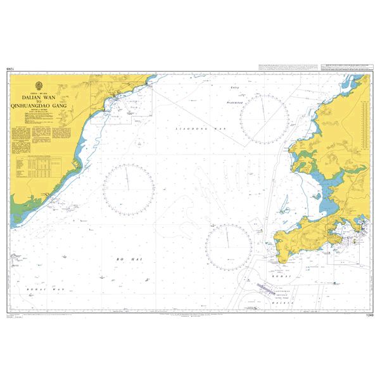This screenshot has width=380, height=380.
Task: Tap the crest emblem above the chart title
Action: point(42,86)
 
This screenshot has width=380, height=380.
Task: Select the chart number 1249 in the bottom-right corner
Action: point(369,315)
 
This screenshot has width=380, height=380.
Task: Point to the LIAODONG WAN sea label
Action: point(199,129)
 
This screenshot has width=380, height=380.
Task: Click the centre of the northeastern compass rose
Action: point(264,119)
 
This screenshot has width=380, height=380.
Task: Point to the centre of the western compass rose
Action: point(129,188)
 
